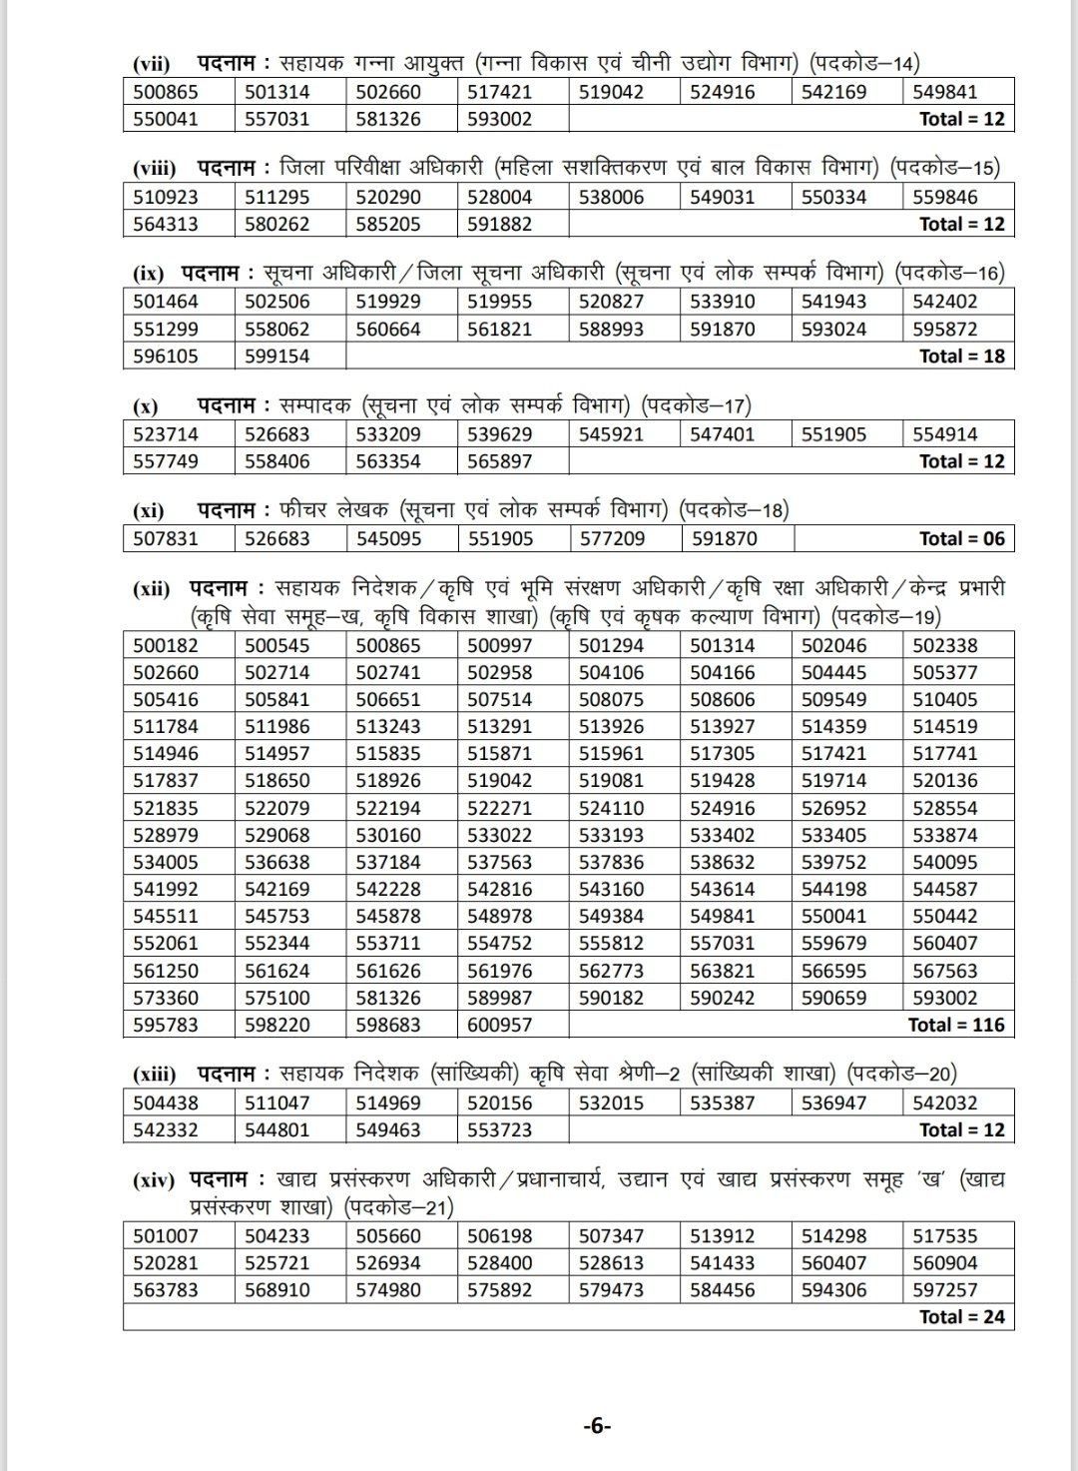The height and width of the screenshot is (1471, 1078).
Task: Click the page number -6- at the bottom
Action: (597, 1426)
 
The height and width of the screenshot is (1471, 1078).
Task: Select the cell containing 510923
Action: (166, 197)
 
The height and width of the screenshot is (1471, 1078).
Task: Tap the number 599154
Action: (277, 356)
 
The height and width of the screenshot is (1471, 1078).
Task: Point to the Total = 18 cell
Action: (961, 356)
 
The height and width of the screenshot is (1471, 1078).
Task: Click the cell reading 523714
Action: (166, 434)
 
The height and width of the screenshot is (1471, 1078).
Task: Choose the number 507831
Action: (166, 539)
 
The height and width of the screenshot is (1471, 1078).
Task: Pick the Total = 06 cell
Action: (961, 539)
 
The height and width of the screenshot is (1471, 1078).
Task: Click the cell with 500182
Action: (166, 646)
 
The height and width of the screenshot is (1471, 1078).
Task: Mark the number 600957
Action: (500, 1025)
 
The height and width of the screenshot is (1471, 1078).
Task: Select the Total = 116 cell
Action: (955, 1025)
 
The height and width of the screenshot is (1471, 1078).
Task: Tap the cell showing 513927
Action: (723, 727)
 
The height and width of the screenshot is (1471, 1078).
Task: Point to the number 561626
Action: (388, 971)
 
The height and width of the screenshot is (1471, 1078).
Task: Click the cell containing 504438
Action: (166, 1103)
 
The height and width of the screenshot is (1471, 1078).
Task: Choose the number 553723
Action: (500, 1130)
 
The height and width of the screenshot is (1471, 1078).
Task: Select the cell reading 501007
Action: (166, 1236)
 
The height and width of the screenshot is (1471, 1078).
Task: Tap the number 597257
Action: (945, 1290)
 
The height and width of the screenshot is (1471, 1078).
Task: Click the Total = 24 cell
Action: (961, 1317)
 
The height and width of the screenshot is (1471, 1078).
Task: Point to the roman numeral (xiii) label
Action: (155, 1075)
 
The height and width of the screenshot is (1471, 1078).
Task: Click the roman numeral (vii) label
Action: (151, 64)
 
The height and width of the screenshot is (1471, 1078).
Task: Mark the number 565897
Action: (500, 461)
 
